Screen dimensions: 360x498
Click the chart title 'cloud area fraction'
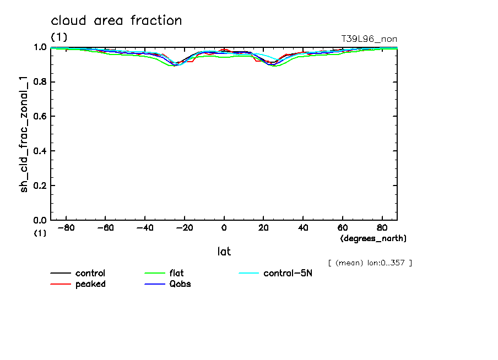116,21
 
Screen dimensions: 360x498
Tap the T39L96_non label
369,39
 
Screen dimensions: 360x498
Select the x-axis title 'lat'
224,252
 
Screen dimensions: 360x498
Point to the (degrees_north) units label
373,238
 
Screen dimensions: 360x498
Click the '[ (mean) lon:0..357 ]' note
369,263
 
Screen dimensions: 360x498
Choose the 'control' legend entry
90,274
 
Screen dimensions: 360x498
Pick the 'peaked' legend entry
90,284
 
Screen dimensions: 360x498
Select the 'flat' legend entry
177,274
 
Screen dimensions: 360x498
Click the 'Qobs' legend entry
180,284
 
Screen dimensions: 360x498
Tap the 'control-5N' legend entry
288,274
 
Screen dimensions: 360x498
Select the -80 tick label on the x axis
66,227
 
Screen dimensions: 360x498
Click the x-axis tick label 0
224,227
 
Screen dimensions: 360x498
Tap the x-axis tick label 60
342,227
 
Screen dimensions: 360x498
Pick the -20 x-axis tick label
184,227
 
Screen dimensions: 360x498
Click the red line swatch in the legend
61,284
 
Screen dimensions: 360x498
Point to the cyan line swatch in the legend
248,274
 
